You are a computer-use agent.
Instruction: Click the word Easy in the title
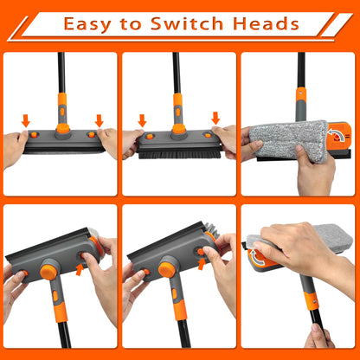point(88,23)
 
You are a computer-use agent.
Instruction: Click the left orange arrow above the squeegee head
point(25,120)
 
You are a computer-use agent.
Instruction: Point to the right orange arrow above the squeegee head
point(99,120)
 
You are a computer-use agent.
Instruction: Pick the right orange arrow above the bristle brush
point(215,118)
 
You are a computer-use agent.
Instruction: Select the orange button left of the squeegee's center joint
point(35,136)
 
